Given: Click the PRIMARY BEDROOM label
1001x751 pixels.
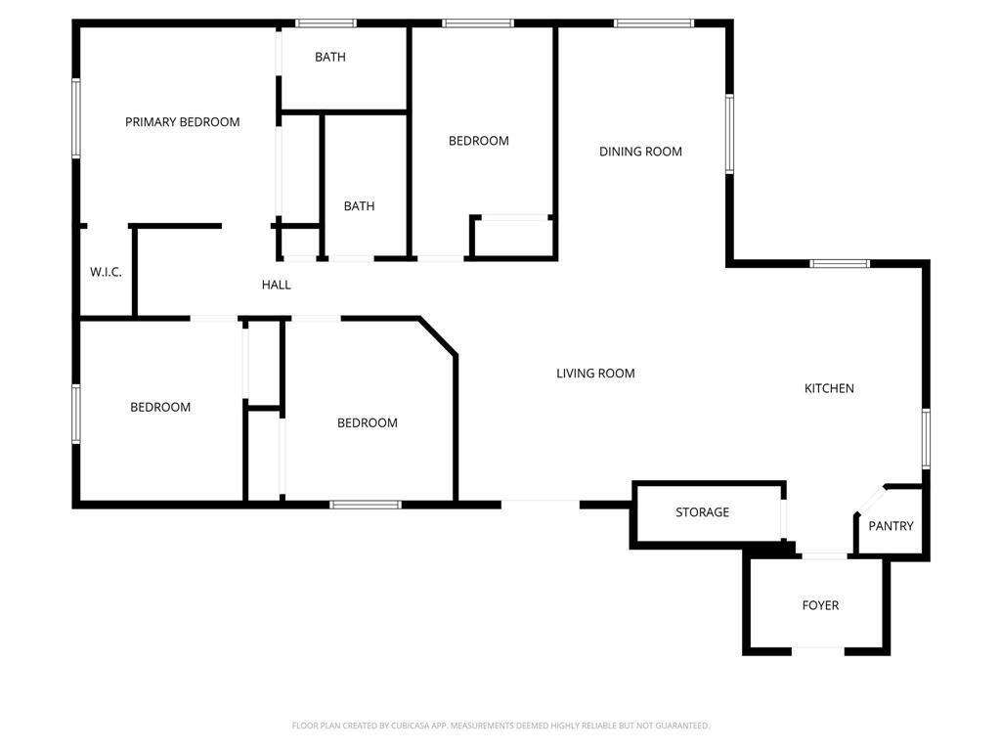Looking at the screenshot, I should (183, 122).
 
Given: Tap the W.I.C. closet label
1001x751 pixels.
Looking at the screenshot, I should (106, 272).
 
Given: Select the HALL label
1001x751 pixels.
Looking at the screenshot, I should (277, 286).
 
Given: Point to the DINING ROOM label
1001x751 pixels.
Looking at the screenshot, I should (640, 152).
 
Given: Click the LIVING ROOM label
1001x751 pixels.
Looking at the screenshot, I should (595, 374).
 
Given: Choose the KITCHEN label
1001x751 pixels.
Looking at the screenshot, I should (829, 388).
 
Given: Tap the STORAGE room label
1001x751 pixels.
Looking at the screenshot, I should (702, 512).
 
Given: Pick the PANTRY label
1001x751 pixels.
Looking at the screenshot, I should (891, 526).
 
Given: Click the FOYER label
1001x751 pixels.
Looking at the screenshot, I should (820, 605).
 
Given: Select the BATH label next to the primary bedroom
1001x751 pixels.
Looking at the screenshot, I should (330, 57).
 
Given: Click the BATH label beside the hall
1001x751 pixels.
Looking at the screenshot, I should (359, 206).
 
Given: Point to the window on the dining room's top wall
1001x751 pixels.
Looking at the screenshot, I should (654, 22).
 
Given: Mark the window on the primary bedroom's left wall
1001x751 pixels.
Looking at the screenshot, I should (76, 118).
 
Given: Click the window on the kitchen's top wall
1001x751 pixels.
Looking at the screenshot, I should (840, 263).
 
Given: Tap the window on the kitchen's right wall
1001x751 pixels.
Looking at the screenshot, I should (926, 439).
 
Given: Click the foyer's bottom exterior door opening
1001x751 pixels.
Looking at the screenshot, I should (818, 649).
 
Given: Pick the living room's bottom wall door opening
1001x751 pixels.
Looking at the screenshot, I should (541, 504).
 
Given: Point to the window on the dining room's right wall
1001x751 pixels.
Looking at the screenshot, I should (729, 133).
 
